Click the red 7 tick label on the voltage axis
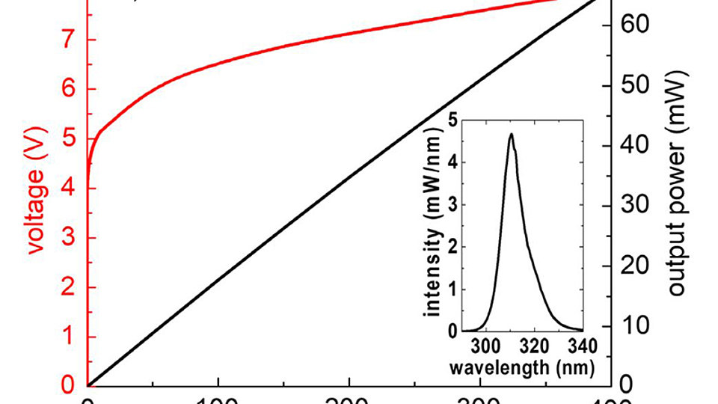pos(70,40)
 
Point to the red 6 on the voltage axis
pos(70,89)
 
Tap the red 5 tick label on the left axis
pos(70,138)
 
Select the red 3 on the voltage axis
pos(70,238)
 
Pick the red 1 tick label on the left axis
pos(70,337)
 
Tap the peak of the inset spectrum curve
pos(511,135)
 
